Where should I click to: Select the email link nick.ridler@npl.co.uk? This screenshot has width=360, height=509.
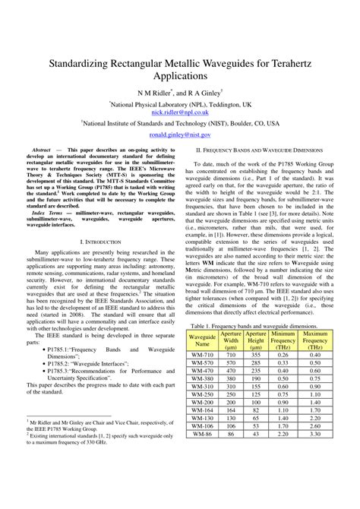180,111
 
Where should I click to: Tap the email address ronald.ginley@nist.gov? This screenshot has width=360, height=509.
180,134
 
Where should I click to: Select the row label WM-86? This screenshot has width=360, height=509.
202,455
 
